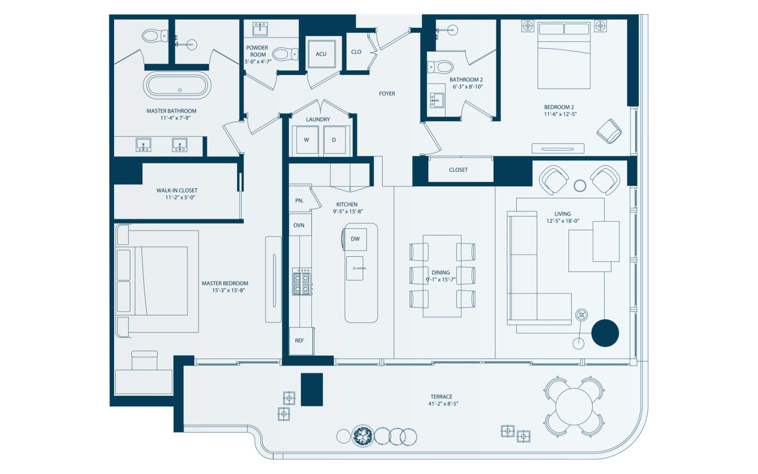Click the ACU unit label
click(x=321, y=54)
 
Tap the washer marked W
click(x=307, y=140)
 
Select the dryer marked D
click(x=335, y=140)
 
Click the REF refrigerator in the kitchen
click(x=301, y=341)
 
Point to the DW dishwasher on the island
click(x=355, y=239)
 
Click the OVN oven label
click(x=299, y=225)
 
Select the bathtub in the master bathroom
click(x=177, y=85)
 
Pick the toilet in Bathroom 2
click(x=440, y=67)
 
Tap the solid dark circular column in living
click(x=605, y=333)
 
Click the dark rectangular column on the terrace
click(x=312, y=389)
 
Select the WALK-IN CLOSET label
click(x=177, y=190)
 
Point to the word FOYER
click(x=387, y=93)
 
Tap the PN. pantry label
click(x=299, y=201)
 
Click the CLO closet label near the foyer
click(x=356, y=52)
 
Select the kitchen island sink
click(x=355, y=268)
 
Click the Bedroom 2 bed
click(x=564, y=55)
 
